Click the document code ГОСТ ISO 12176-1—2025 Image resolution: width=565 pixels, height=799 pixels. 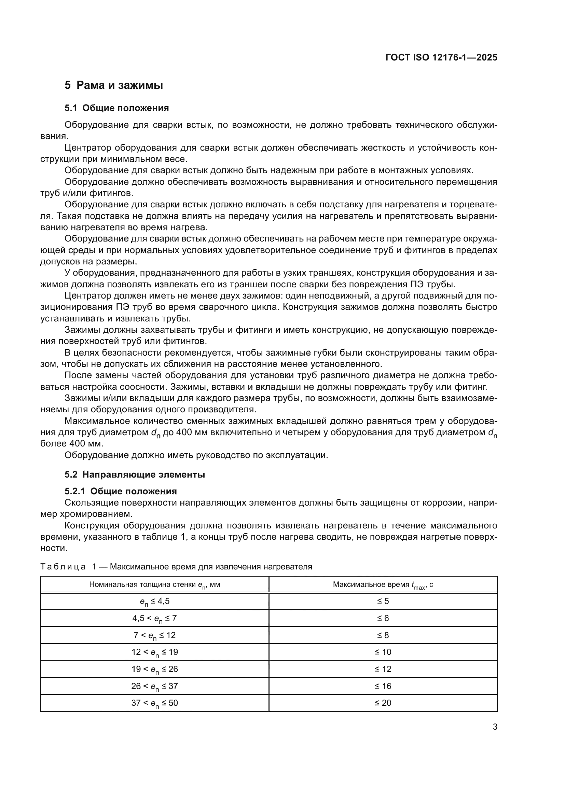click(x=441, y=57)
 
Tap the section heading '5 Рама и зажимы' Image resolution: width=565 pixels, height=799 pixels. click(x=114, y=85)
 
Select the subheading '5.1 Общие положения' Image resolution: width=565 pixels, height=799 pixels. click(x=116, y=108)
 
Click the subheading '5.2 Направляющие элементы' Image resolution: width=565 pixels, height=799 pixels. click(x=135, y=475)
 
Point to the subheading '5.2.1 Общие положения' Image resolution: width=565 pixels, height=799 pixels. click(x=121, y=491)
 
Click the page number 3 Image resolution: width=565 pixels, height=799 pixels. click(x=495, y=727)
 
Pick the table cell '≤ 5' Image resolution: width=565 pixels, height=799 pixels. click(x=383, y=601)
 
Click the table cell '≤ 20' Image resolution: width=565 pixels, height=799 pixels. click(x=383, y=703)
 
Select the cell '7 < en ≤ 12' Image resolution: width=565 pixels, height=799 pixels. click(x=154, y=635)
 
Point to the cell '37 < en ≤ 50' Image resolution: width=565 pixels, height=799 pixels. click(x=154, y=703)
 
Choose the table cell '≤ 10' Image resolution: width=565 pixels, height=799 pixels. click(x=383, y=652)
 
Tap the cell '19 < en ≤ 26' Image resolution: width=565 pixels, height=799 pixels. click(x=154, y=669)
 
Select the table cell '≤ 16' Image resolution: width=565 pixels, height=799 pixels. click(x=383, y=686)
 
